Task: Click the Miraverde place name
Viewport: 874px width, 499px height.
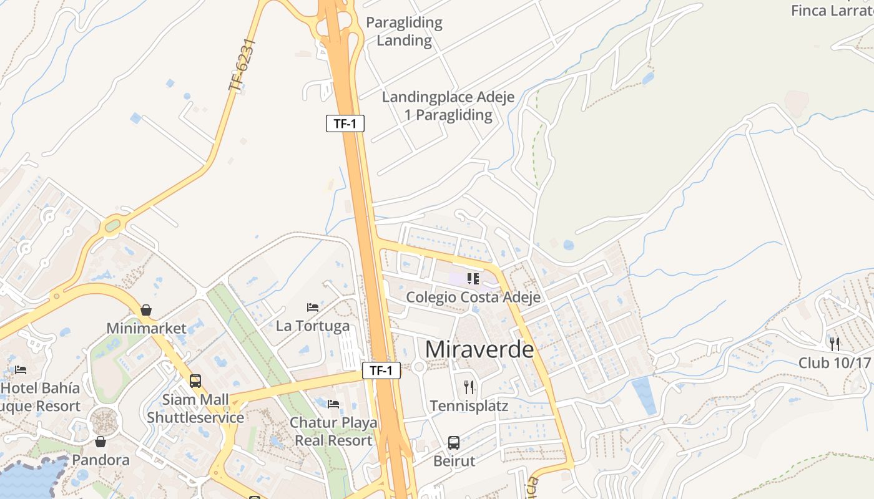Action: [479, 350]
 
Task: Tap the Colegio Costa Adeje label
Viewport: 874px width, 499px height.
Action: [473, 298]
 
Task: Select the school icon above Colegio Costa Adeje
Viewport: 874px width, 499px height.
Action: [473, 278]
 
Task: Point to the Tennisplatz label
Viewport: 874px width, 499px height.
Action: [469, 406]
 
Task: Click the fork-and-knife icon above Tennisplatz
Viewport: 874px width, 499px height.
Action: [469, 387]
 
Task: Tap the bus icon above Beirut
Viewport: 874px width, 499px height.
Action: [454, 443]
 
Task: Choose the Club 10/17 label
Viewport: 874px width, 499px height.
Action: [835, 362]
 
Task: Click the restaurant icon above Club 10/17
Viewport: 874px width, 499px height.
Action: [835, 344]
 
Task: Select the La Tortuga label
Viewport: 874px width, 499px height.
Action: [313, 326]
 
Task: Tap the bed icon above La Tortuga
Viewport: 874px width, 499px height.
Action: [313, 308]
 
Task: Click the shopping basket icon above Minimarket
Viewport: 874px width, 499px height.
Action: [146, 309]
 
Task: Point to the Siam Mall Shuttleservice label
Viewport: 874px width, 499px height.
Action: [195, 409]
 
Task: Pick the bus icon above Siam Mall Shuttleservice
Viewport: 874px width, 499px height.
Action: [195, 380]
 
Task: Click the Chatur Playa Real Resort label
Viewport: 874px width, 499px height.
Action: [333, 432]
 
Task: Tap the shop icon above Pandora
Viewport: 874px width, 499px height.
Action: [101, 442]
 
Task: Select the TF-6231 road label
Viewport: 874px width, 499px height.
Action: [242, 65]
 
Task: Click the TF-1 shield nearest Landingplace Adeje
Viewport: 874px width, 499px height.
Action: [345, 124]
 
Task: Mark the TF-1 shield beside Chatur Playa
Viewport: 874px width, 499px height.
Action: [381, 371]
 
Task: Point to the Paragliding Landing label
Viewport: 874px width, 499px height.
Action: [404, 32]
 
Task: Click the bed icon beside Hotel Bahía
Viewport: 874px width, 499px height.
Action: [21, 369]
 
